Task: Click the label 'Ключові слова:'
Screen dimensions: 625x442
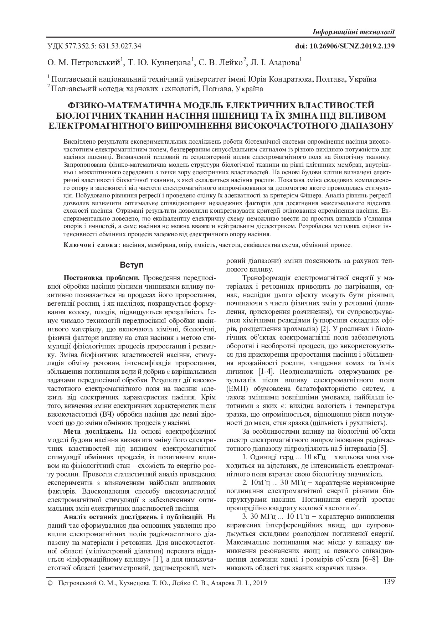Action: tap(92, 245)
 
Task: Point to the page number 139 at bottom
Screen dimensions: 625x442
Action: tap(389, 582)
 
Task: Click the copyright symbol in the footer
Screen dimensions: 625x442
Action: tap(50, 583)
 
